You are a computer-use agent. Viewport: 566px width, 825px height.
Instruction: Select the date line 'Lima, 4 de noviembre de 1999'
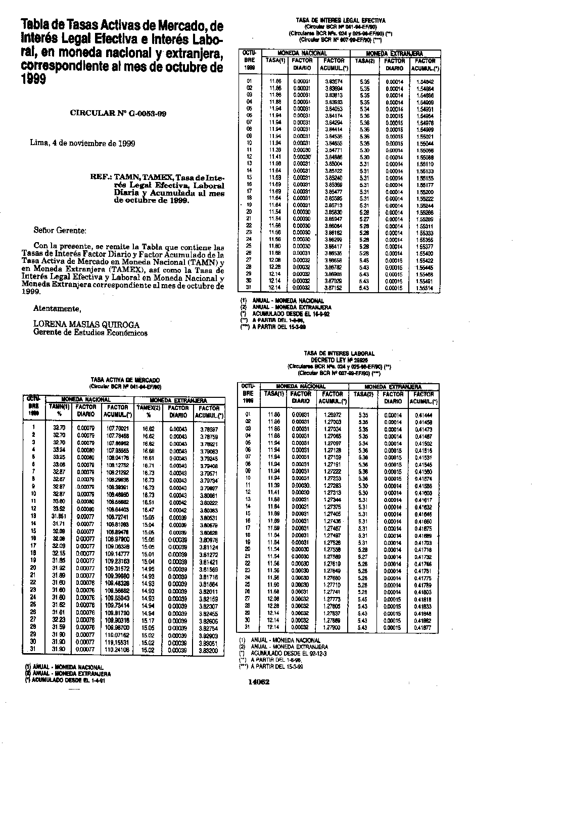coord(82,143)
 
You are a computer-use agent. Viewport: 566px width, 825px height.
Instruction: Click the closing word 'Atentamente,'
coord(57,308)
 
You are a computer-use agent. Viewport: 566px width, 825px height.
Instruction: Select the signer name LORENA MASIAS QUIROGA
coord(86,325)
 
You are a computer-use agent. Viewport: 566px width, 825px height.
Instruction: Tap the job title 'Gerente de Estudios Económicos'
coord(90,333)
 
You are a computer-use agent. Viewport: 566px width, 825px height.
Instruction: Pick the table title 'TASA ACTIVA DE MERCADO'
coord(125,380)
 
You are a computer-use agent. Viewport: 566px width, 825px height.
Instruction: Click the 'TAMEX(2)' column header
coord(148,407)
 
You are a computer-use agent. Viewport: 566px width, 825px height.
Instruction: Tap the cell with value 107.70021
coord(118,428)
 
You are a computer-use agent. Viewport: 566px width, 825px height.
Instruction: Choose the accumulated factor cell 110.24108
coord(118,650)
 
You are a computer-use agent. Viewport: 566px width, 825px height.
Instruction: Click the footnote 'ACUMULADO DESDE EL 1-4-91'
coord(68,680)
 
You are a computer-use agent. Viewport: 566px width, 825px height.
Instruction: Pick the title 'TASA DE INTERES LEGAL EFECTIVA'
coord(341,20)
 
